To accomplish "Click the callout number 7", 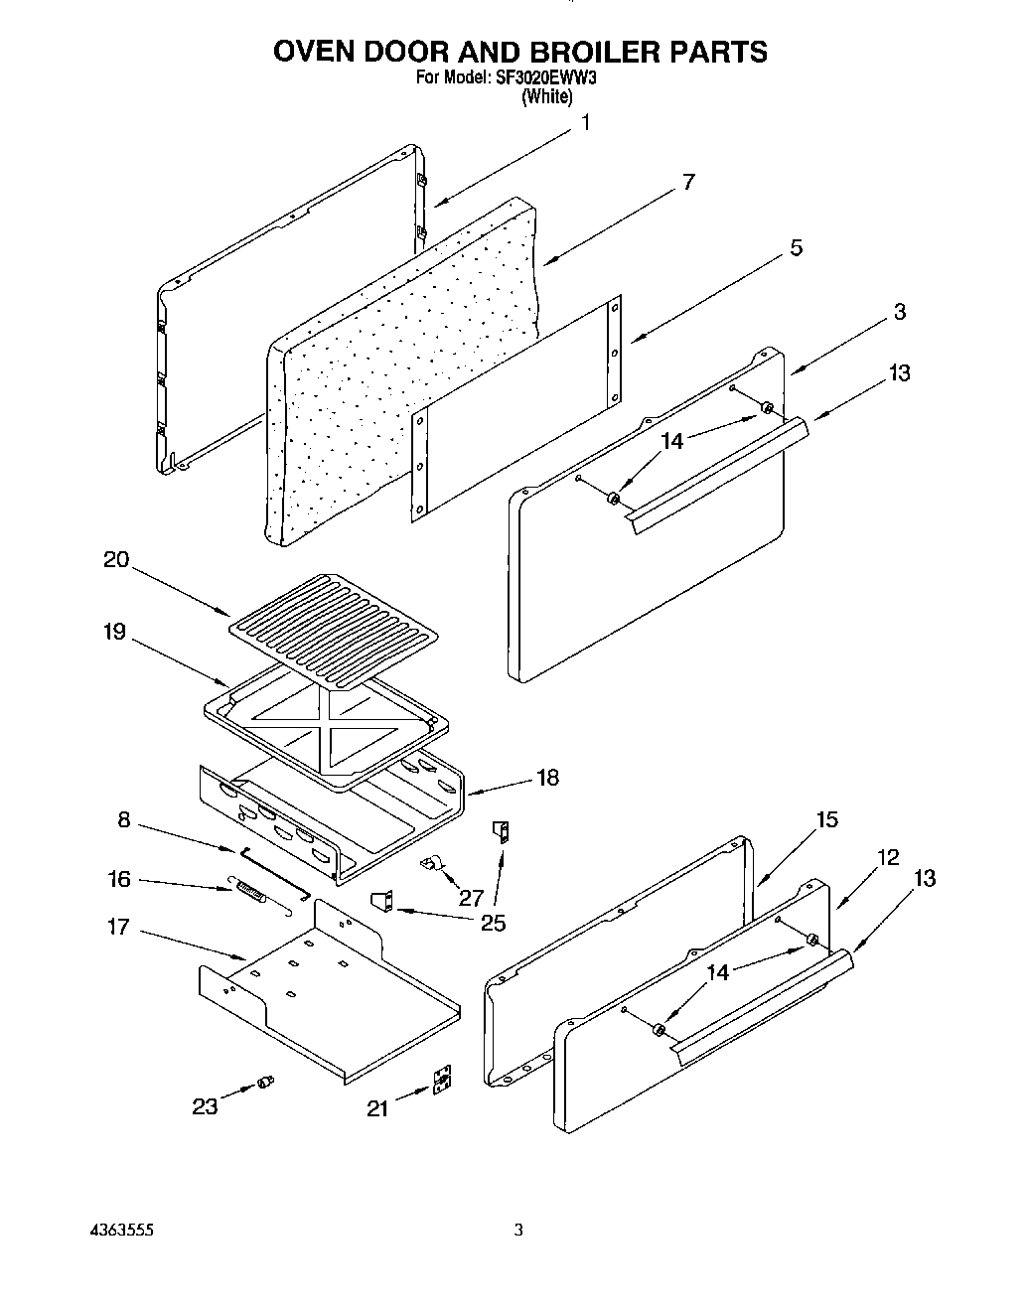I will pos(688,183).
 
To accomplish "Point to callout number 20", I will pos(115,560).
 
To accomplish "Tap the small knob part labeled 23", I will pos(265,1081).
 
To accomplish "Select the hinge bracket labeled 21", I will pos(443,1082).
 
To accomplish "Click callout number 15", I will pos(826,820).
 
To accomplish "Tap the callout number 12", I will pos(888,857).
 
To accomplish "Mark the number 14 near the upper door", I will pos(672,441).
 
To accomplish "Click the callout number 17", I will pos(118,928).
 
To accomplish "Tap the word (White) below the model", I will pos(546,96).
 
